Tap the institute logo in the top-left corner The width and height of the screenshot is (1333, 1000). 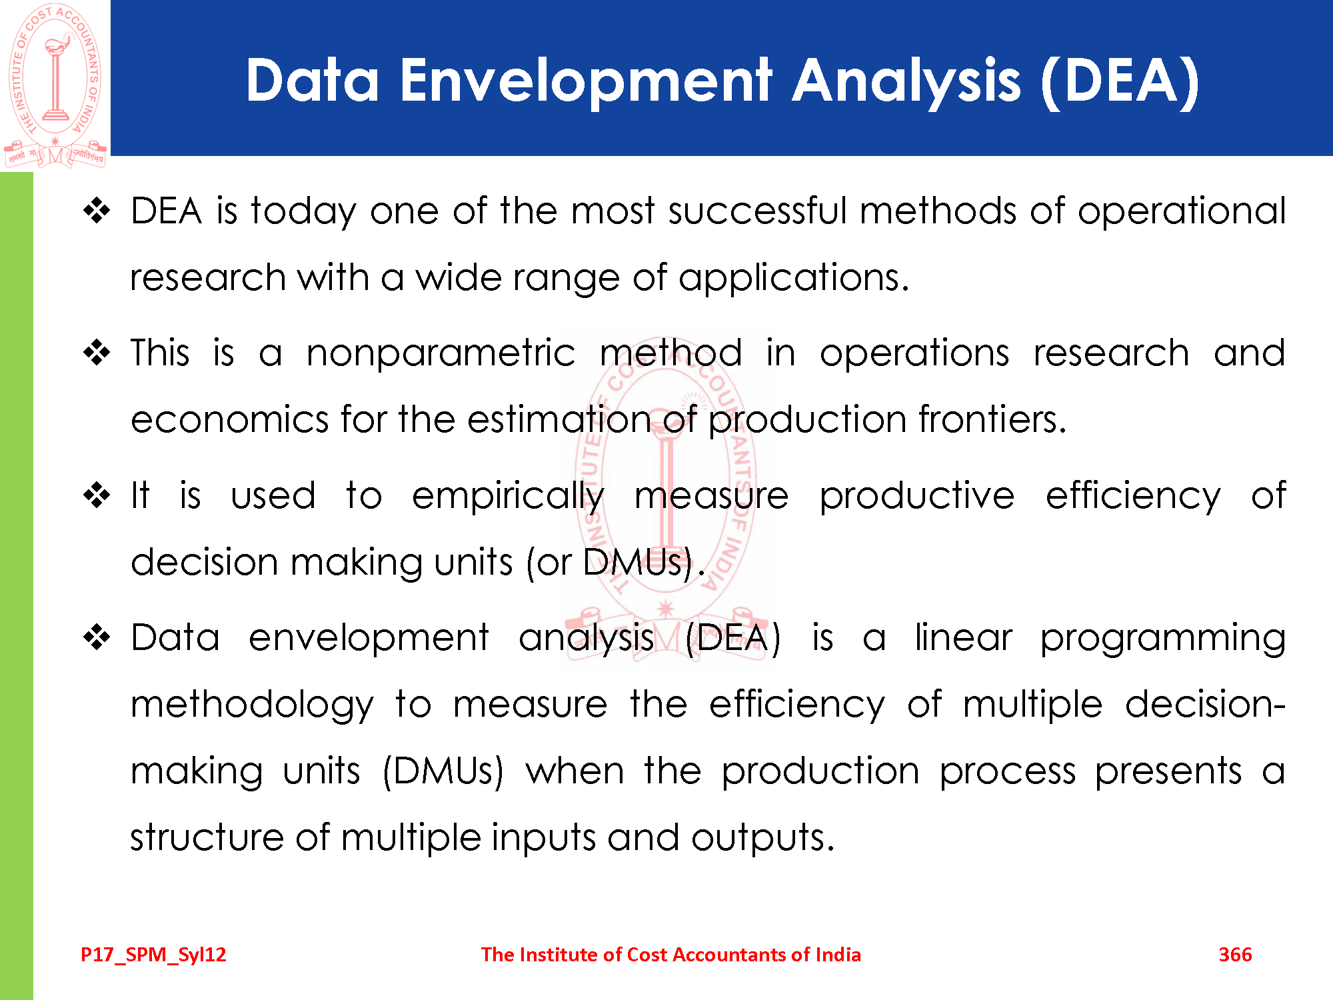point(55,85)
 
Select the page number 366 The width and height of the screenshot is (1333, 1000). point(1235,955)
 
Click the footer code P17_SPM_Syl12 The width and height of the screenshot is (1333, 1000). point(153,955)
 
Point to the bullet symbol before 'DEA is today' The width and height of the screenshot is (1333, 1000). point(97,211)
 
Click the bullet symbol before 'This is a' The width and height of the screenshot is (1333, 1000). point(97,353)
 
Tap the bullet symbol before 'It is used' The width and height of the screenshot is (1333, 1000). point(97,496)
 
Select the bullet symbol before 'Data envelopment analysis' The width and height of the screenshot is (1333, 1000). point(97,638)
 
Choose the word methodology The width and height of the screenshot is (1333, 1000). point(252,705)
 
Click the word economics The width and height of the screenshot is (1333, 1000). point(230,420)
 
